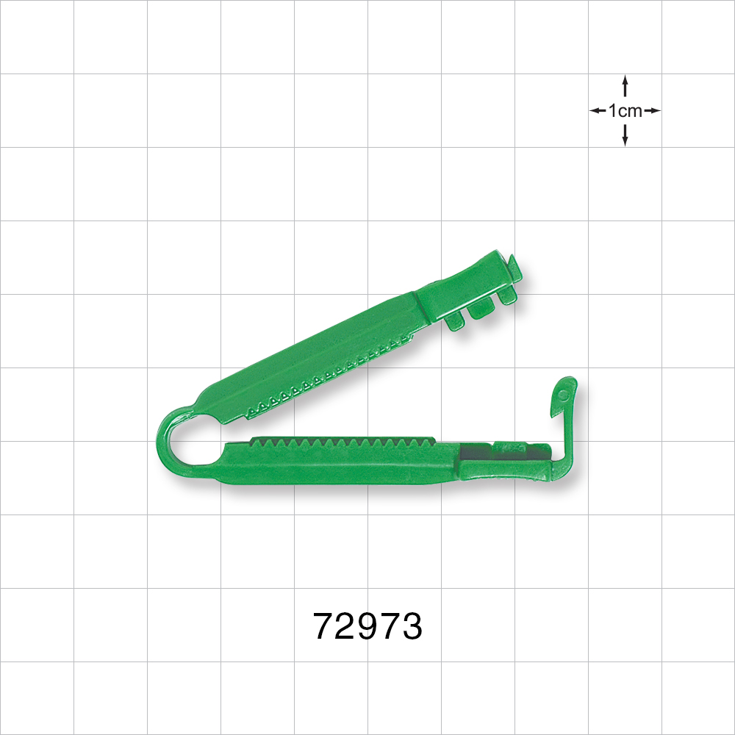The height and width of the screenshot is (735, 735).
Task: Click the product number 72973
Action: click(367, 626)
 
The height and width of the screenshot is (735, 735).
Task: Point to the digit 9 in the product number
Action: click(367, 626)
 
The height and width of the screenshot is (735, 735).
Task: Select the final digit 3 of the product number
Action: click(412, 626)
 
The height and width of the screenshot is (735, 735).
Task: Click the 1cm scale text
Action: click(625, 111)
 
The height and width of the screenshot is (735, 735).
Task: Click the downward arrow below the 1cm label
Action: click(625, 135)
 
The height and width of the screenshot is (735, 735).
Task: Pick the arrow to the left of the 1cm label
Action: click(598, 111)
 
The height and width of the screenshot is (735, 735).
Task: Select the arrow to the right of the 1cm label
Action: click(652, 111)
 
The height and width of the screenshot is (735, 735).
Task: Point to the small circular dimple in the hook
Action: click(564, 395)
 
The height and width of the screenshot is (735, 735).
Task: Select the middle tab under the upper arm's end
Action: click(481, 310)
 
